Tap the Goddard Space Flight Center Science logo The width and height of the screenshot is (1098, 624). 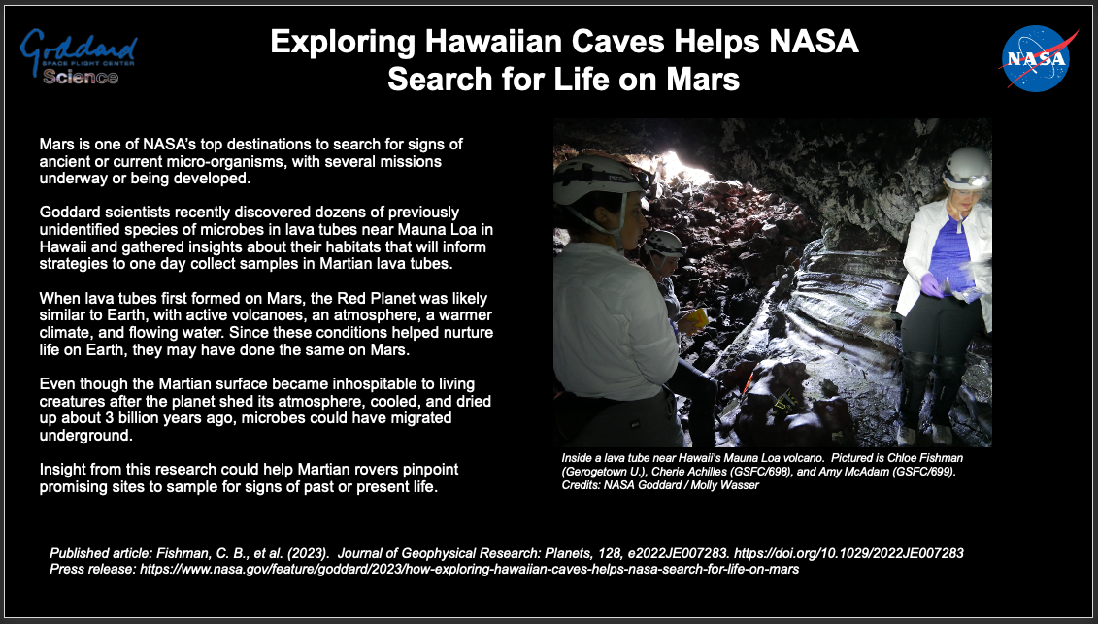pyautogui.click(x=79, y=57)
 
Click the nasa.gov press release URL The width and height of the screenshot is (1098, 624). pyautogui.click(x=469, y=570)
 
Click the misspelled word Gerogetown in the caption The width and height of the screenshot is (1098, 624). pyautogui.click(x=596, y=472)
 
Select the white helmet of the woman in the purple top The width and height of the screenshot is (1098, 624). pyautogui.click(x=966, y=167)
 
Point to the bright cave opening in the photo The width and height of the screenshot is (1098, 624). pyautogui.click(x=682, y=168)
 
